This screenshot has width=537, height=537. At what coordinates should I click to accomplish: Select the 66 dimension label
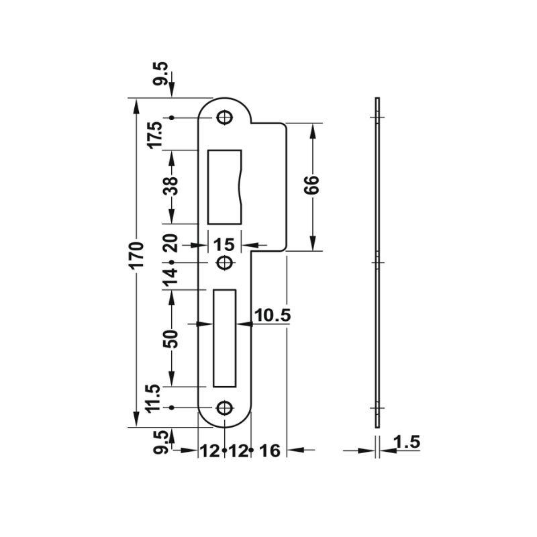(311, 185)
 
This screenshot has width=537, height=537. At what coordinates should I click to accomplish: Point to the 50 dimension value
(173, 338)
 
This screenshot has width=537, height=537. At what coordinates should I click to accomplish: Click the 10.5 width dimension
(273, 315)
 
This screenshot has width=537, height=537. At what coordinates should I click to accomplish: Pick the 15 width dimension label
(224, 245)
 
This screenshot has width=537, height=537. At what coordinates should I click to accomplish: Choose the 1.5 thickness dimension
(407, 442)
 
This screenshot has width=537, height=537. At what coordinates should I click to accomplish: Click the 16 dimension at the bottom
(271, 450)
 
